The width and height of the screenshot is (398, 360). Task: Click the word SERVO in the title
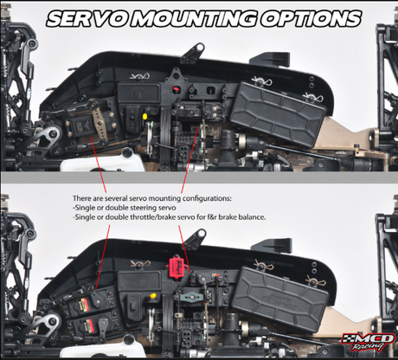click(89, 19)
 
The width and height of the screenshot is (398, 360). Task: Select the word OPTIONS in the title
click(311, 19)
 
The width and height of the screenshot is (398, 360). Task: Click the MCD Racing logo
click(368, 343)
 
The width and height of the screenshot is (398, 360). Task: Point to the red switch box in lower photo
click(176, 265)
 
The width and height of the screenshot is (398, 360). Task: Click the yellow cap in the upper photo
click(145, 116)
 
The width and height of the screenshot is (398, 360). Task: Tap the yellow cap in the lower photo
click(153, 296)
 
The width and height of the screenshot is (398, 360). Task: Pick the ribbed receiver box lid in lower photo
click(281, 298)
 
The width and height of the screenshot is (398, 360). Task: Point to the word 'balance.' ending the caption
click(253, 217)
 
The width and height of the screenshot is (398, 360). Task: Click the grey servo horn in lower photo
click(190, 297)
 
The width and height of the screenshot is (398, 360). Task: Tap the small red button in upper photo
click(176, 90)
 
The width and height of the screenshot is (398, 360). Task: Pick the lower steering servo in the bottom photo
click(86, 326)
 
